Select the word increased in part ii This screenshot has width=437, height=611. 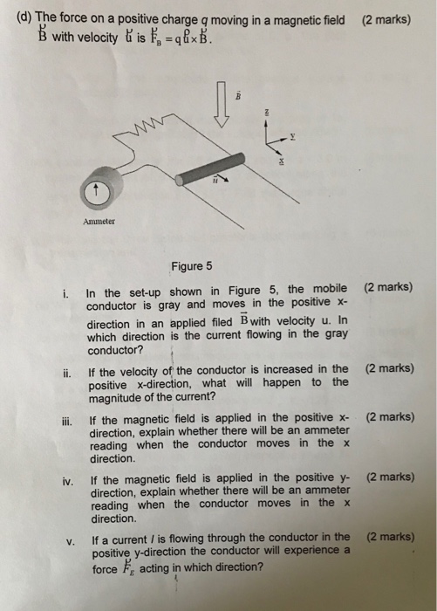tap(292, 369)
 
